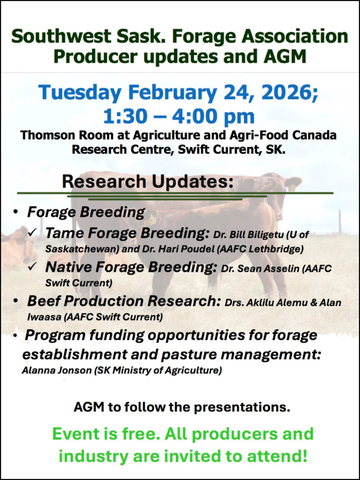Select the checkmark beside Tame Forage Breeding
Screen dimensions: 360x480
click(x=32, y=233)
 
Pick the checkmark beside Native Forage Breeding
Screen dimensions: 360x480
click(x=32, y=267)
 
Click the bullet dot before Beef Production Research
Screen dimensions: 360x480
click(x=15, y=301)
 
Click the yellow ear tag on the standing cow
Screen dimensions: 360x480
click(x=292, y=187)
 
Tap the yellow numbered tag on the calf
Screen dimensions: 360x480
click(x=152, y=220)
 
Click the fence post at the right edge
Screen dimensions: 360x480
click(x=340, y=222)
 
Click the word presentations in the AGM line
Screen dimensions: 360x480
click(x=242, y=407)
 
